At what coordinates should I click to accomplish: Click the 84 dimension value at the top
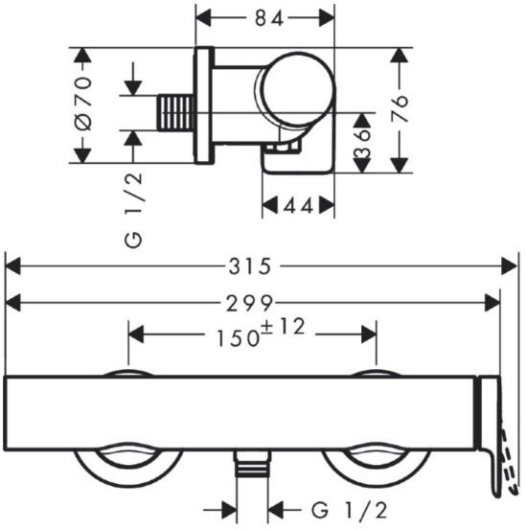pyautogui.click(x=268, y=18)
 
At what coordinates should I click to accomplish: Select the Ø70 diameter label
pyautogui.click(x=83, y=104)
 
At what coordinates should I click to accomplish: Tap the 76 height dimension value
pyautogui.click(x=400, y=108)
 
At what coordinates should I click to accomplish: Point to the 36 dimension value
pyautogui.click(x=362, y=142)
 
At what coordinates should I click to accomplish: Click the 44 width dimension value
pyautogui.click(x=299, y=205)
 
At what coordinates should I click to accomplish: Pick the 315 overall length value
pyautogui.click(x=250, y=266)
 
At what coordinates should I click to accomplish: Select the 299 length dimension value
pyautogui.click(x=249, y=303)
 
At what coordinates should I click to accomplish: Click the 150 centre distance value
pyautogui.click(x=238, y=338)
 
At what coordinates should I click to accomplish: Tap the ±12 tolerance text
pyautogui.click(x=284, y=326)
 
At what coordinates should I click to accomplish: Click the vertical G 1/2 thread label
pyautogui.click(x=133, y=210)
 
